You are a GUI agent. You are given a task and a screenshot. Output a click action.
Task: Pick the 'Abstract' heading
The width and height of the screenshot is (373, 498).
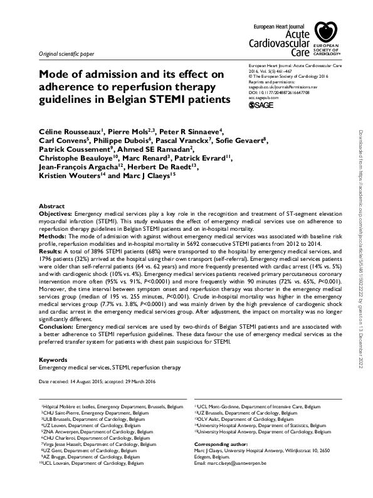(51, 206)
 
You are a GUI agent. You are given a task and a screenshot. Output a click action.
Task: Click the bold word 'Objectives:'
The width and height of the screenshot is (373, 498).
(56, 214)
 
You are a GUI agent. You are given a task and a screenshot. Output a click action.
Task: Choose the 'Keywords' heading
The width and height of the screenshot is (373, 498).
(53, 359)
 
